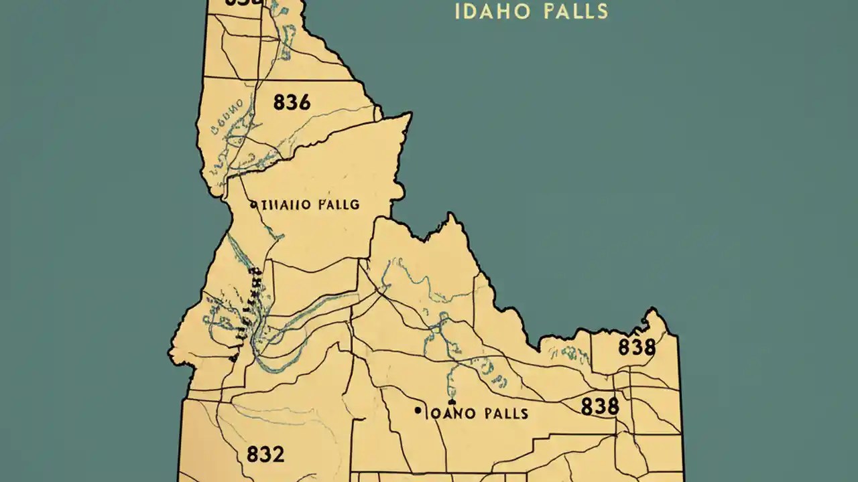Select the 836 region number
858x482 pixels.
[292, 102]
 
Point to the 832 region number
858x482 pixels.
[265, 455]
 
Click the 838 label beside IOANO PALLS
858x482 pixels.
[599, 406]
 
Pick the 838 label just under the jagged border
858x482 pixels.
[636, 347]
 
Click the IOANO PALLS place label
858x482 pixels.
[477, 413]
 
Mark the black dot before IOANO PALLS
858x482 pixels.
[418, 410]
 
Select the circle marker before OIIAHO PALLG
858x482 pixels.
[253, 205]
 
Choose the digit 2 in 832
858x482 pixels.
[278, 455]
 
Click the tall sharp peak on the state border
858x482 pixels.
[453, 218]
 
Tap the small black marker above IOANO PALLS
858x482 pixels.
[452, 402]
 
